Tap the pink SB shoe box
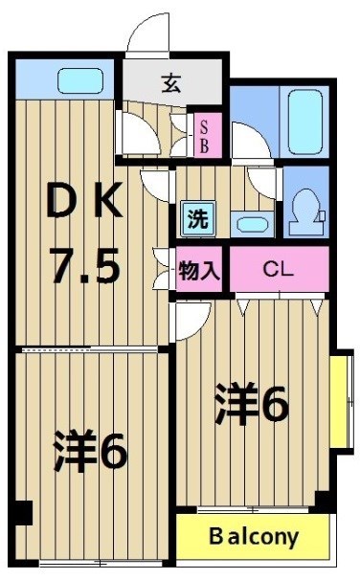coord(204,135)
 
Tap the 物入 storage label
coord(199,270)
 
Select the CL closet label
coord(277,269)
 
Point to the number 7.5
coord(86,265)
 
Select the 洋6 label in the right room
coord(251,407)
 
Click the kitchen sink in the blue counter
coord(79,79)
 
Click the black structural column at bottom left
coord(22,513)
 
